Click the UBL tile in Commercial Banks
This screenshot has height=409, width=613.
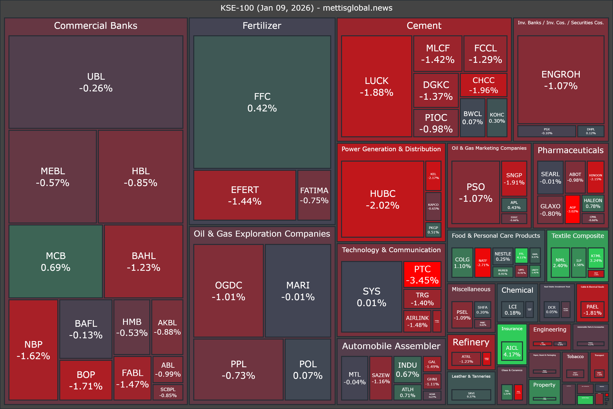click(96, 82)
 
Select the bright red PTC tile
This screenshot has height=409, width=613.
click(422, 274)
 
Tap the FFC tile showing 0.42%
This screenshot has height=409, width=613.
click(262, 102)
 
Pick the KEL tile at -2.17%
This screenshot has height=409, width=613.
click(433, 176)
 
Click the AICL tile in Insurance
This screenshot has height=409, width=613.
click(512, 351)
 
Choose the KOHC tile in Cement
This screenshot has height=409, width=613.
click(497, 118)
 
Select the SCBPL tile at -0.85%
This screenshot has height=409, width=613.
click(168, 392)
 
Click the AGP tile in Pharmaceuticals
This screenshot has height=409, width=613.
click(572, 209)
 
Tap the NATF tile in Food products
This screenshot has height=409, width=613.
click(483, 262)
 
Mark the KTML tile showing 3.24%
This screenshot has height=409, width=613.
click(596, 258)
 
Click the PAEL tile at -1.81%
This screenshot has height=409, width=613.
click(592, 310)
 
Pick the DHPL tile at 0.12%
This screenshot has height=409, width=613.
click(591, 131)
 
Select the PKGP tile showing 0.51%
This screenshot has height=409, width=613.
click(433, 230)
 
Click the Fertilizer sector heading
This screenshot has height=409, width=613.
click(262, 26)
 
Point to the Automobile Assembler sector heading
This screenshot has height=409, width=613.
click(391, 346)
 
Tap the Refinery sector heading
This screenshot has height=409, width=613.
click(471, 342)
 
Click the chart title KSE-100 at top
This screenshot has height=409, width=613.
click(306, 8)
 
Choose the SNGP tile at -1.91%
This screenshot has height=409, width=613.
click(514, 179)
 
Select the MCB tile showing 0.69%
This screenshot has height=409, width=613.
click(56, 261)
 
